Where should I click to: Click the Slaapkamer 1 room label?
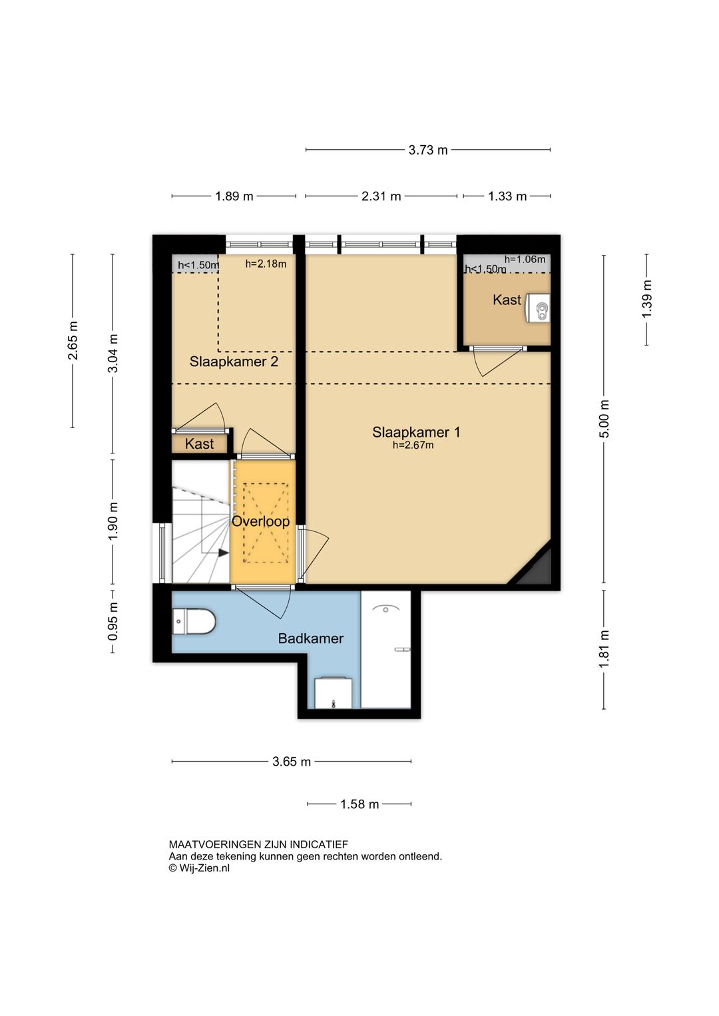(416, 432)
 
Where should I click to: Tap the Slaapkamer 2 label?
(234, 362)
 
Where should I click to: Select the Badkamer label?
(311, 638)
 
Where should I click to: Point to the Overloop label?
(260, 521)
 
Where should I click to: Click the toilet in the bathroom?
(194, 621)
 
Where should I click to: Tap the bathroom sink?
(334, 692)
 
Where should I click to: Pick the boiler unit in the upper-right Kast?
(538, 308)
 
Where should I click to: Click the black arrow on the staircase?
(224, 553)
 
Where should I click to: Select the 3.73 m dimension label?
(428, 150)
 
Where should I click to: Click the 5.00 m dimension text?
(604, 419)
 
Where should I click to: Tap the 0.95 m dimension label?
(113, 621)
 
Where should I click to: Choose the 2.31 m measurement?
(381, 196)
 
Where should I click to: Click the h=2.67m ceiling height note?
(413, 445)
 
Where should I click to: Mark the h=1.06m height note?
(525, 260)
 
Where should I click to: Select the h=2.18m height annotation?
(266, 264)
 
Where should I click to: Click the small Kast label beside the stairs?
(199, 443)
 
